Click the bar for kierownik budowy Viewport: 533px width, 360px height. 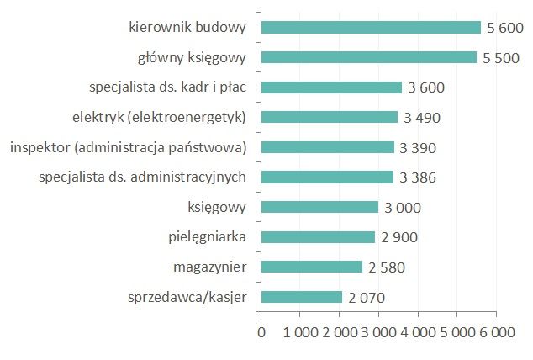(371, 28)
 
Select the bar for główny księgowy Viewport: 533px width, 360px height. (369, 57)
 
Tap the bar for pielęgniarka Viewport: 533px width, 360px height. (318, 237)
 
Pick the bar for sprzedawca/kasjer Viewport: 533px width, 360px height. (302, 297)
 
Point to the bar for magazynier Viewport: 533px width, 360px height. (312, 267)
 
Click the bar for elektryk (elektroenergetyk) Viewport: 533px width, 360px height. (330, 117)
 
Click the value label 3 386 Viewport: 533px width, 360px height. (419, 177)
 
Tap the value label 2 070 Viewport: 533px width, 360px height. (367, 297)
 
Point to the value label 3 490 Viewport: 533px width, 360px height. (422, 118)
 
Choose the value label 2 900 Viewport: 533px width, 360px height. (399, 237)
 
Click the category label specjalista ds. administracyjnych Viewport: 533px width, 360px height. (142, 177)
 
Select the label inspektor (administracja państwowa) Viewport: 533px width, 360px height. (128, 147)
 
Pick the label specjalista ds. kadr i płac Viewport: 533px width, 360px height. (167, 87)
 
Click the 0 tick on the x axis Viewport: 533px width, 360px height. (261, 332)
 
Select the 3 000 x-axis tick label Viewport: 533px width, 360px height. (377, 332)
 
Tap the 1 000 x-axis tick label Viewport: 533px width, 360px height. (300, 332)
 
